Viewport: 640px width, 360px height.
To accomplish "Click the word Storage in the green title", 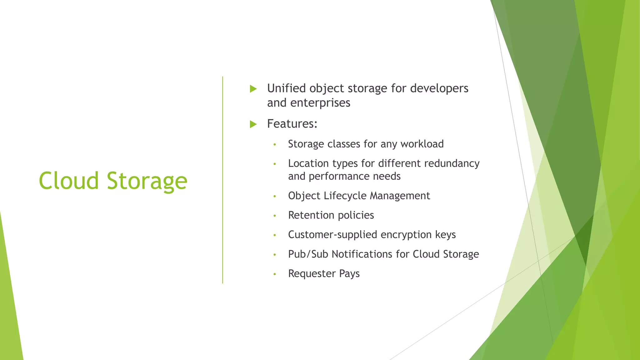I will click(x=147, y=181).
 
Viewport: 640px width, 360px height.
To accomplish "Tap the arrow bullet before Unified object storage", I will click(x=253, y=89).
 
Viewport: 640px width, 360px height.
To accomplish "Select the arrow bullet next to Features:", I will click(x=253, y=124).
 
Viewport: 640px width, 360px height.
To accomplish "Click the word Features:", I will click(x=292, y=124).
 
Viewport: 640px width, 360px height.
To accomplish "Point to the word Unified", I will click(x=286, y=88).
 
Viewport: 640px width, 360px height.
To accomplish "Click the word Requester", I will click(x=312, y=274).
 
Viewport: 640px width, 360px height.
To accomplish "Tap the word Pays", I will click(x=349, y=274).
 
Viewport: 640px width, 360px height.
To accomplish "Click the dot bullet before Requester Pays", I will click(x=275, y=274).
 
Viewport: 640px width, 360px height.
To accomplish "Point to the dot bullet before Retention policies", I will click(x=275, y=216).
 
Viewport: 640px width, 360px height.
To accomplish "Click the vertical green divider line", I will click(x=222, y=180).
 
